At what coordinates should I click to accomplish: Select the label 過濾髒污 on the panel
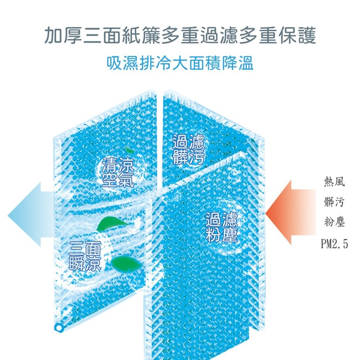coord(188,149)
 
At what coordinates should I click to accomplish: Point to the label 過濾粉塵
coord(221,227)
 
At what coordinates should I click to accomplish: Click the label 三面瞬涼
coord(85,255)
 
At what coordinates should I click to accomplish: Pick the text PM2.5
coord(334,244)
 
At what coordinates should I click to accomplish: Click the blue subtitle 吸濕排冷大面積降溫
coord(180,62)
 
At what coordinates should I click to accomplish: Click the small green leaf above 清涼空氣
coord(128,150)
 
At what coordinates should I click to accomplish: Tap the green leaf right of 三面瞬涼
coord(121,261)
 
